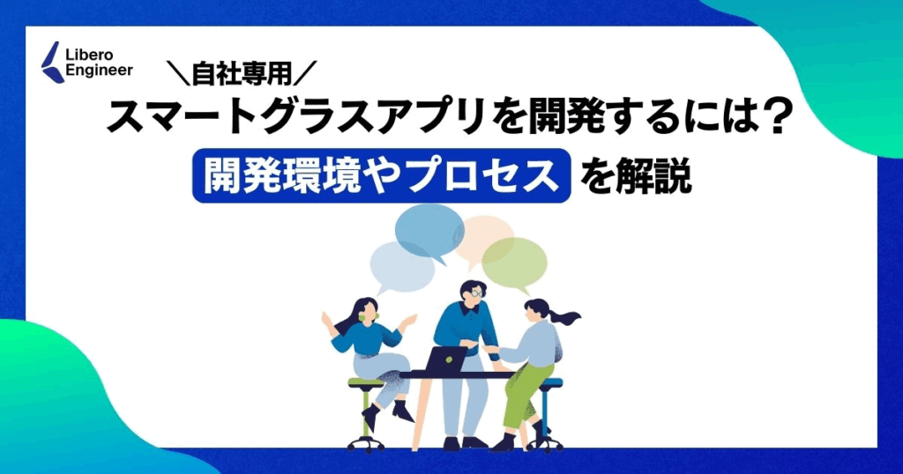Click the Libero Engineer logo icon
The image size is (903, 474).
53,63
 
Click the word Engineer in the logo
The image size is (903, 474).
100,71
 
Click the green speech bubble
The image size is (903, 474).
515,263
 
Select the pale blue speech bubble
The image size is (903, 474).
401,268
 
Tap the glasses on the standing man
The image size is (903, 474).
474,293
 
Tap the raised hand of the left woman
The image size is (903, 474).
327,318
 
